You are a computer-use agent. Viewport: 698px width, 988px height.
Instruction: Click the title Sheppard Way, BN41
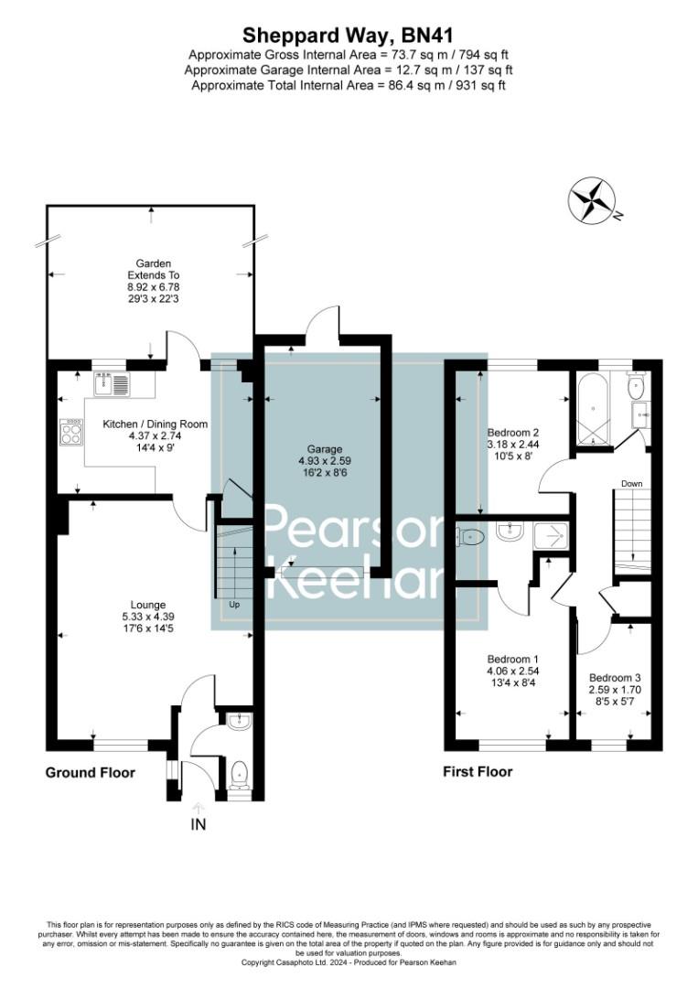[348, 35]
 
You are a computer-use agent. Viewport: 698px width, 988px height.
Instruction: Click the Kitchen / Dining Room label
[155, 424]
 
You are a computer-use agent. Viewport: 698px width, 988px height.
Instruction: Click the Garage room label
[325, 449]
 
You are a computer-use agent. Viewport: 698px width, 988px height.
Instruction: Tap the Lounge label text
[147, 605]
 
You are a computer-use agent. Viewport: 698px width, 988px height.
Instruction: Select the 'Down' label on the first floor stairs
[631, 484]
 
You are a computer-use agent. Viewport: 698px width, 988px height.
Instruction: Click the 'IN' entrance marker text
[199, 824]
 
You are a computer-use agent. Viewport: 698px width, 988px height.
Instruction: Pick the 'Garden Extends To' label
[153, 269]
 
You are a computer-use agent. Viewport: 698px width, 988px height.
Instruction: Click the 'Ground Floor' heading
[90, 773]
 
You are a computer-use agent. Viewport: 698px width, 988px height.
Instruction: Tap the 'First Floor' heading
[478, 772]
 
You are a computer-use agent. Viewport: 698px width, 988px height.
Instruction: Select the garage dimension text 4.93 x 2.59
[325, 462]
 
